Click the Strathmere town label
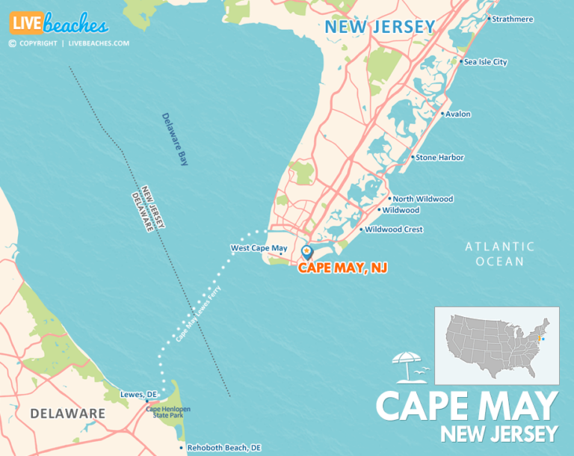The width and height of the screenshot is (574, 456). pyautogui.click(x=513, y=19)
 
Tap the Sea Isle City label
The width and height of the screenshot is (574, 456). pyautogui.click(x=485, y=62)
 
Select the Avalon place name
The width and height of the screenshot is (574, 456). pyautogui.click(x=457, y=114)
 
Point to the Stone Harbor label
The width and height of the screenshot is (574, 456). pyautogui.click(x=439, y=158)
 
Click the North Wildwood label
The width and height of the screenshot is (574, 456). pyautogui.click(x=422, y=199)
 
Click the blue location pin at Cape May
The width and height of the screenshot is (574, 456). pyautogui.click(x=306, y=252)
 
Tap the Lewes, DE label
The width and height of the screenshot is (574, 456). pyautogui.click(x=138, y=394)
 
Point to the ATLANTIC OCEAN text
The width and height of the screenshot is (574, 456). pyautogui.click(x=499, y=253)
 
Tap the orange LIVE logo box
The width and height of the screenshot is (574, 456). pyautogui.click(x=26, y=23)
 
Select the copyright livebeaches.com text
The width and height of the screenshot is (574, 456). pyautogui.click(x=69, y=43)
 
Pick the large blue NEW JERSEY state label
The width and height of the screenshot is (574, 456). pyautogui.click(x=379, y=27)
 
